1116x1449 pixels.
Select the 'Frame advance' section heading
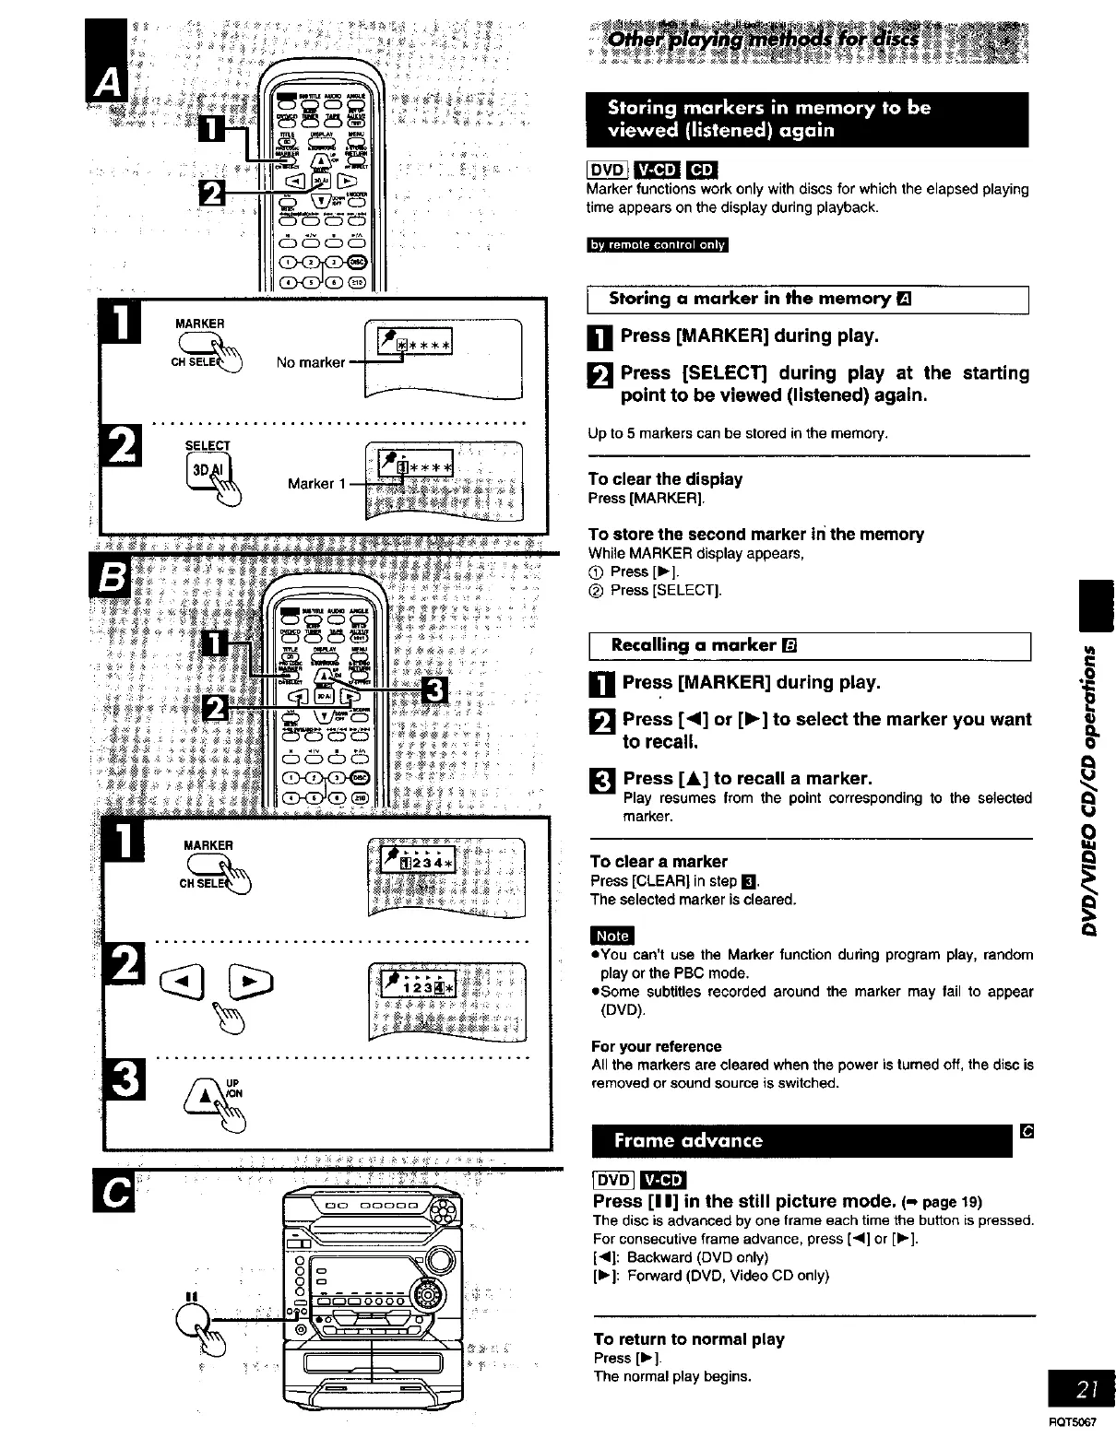pos(688,1140)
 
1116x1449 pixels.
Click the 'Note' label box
pos(611,936)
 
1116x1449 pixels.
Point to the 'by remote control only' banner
pos(658,245)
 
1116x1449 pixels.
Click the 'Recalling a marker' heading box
pos(808,645)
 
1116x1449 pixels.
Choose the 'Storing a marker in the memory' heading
pos(808,300)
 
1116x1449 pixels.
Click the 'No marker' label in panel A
pos(310,362)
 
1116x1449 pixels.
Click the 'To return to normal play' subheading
pos(688,1338)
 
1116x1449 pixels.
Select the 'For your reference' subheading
pos(656,1046)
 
